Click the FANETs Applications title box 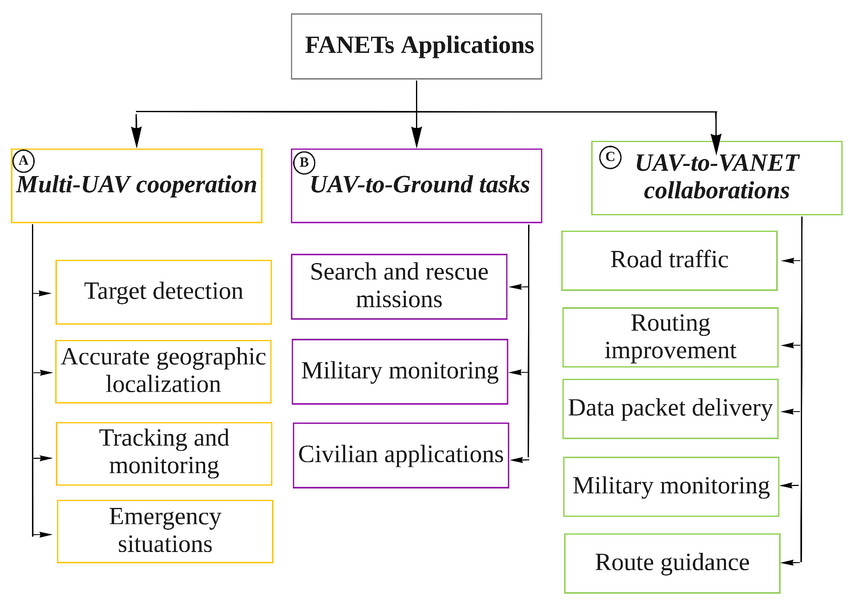click(x=416, y=46)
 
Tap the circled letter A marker click(x=23, y=161)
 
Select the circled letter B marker click(x=304, y=163)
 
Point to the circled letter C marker click(x=610, y=157)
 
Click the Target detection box click(x=163, y=292)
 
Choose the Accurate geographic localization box click(x=163, y=371)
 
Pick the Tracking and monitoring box click(x=164, y=453)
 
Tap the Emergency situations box click(x=165, y=531)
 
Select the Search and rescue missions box click(x=399, y=286)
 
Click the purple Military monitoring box click(x=400, y=371)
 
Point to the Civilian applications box click(x=401, y=455)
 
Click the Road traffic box click(x=669, y=260)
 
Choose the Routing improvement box click(x=670, y=337)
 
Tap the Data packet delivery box click(x=670, y=408)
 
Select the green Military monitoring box click(x=671, y=486)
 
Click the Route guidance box click(x=672, y=563)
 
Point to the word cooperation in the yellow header click(x=196, y=185)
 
